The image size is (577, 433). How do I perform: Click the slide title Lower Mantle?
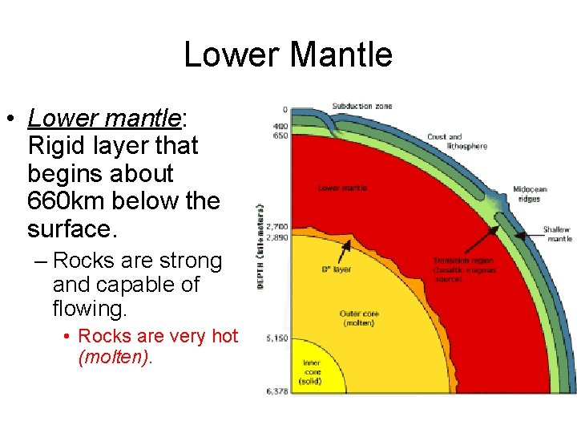288,55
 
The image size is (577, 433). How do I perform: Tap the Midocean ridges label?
530,194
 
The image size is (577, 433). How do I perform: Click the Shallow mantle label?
558,233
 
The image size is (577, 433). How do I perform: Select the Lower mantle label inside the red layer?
342,188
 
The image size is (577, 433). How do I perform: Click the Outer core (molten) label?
358,318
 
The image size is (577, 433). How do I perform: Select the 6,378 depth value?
278,391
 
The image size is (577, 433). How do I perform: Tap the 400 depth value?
280,126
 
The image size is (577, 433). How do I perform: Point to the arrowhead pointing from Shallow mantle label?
519,236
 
